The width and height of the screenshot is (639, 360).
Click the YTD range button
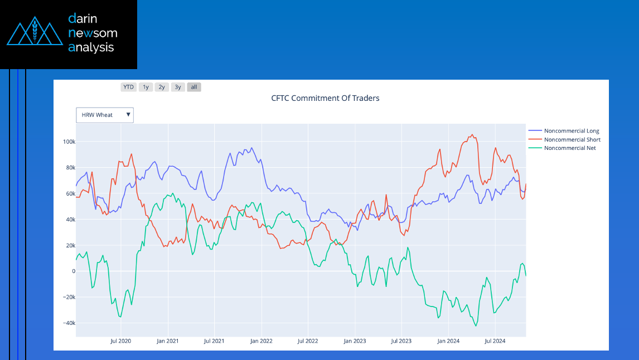pos(129,87)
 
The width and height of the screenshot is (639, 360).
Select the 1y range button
pos(146,87)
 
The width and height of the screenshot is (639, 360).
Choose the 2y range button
pos(162,87)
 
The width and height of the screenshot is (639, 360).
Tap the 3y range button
pos(178,87)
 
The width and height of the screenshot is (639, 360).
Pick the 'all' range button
pos(194,87)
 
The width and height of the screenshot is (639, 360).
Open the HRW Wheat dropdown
pos(105,115)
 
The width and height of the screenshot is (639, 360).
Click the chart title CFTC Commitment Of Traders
pos(325,98)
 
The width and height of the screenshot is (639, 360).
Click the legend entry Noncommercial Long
pos(571,131)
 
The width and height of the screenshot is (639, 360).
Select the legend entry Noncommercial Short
pos(572,139)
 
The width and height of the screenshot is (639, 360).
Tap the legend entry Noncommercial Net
pos(570,148)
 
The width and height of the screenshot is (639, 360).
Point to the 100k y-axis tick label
pos(69,142)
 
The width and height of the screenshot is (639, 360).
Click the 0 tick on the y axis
pos(72,271)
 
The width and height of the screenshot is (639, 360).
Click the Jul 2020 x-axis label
pos(120,340)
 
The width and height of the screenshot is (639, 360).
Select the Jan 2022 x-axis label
pos(261,340)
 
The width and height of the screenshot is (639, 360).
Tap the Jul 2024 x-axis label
pos(495,340)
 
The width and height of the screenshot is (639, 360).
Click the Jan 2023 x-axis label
pos(355,340)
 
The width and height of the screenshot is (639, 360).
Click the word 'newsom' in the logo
pos(93,33)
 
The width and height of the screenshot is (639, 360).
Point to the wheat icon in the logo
pos(35,33)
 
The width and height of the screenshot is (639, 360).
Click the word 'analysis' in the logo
pos(91,47)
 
